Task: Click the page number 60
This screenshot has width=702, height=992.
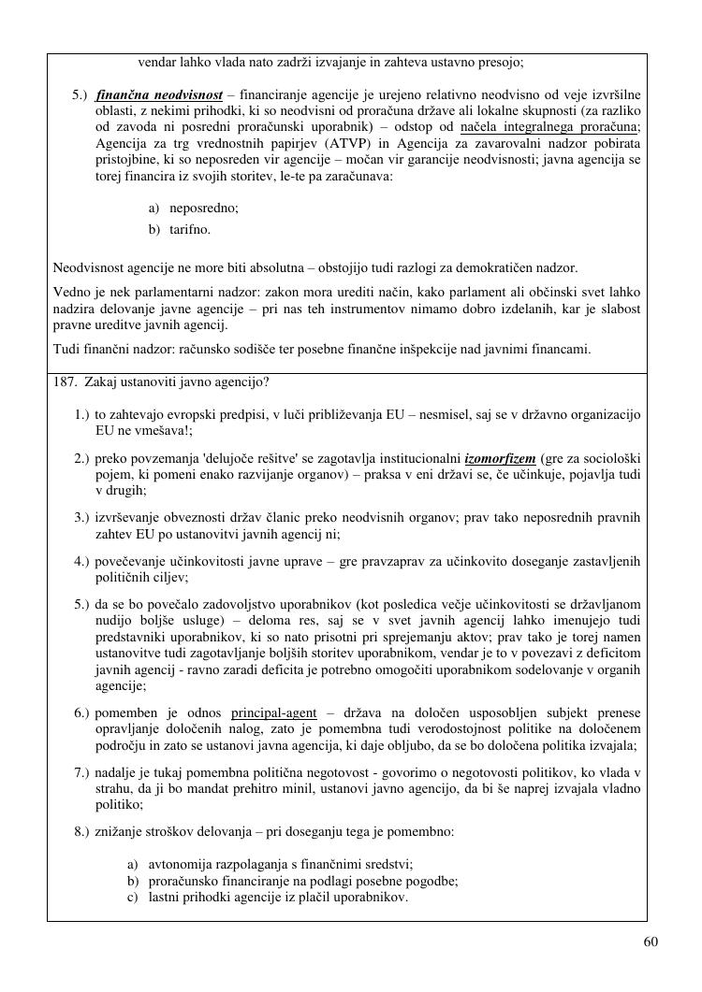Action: pyautogui.click(x=651, y=942)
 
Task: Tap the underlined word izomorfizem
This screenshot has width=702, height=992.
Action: pyautogui.click(x=501, y=459)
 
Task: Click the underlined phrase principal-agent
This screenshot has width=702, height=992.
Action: pyautogui.click(x=274, y=713)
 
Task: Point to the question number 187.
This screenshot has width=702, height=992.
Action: pyautogui.click(x=65, y=381)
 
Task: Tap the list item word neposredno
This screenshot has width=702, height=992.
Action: pyautogui.click(x=203, y=208)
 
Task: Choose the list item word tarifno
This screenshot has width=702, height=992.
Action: pyautogui.click(x=190, y=229)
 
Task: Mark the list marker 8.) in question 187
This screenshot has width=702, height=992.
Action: pyautogui.click(x=81, y=831)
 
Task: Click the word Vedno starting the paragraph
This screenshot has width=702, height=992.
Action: pyautogui.click(x=71, y=293)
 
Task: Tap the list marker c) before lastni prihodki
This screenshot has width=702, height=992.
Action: pyautogui.click(x=133, y=898)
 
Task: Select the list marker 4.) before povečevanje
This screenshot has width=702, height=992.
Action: pyautogui.click(x=81, y=561)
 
